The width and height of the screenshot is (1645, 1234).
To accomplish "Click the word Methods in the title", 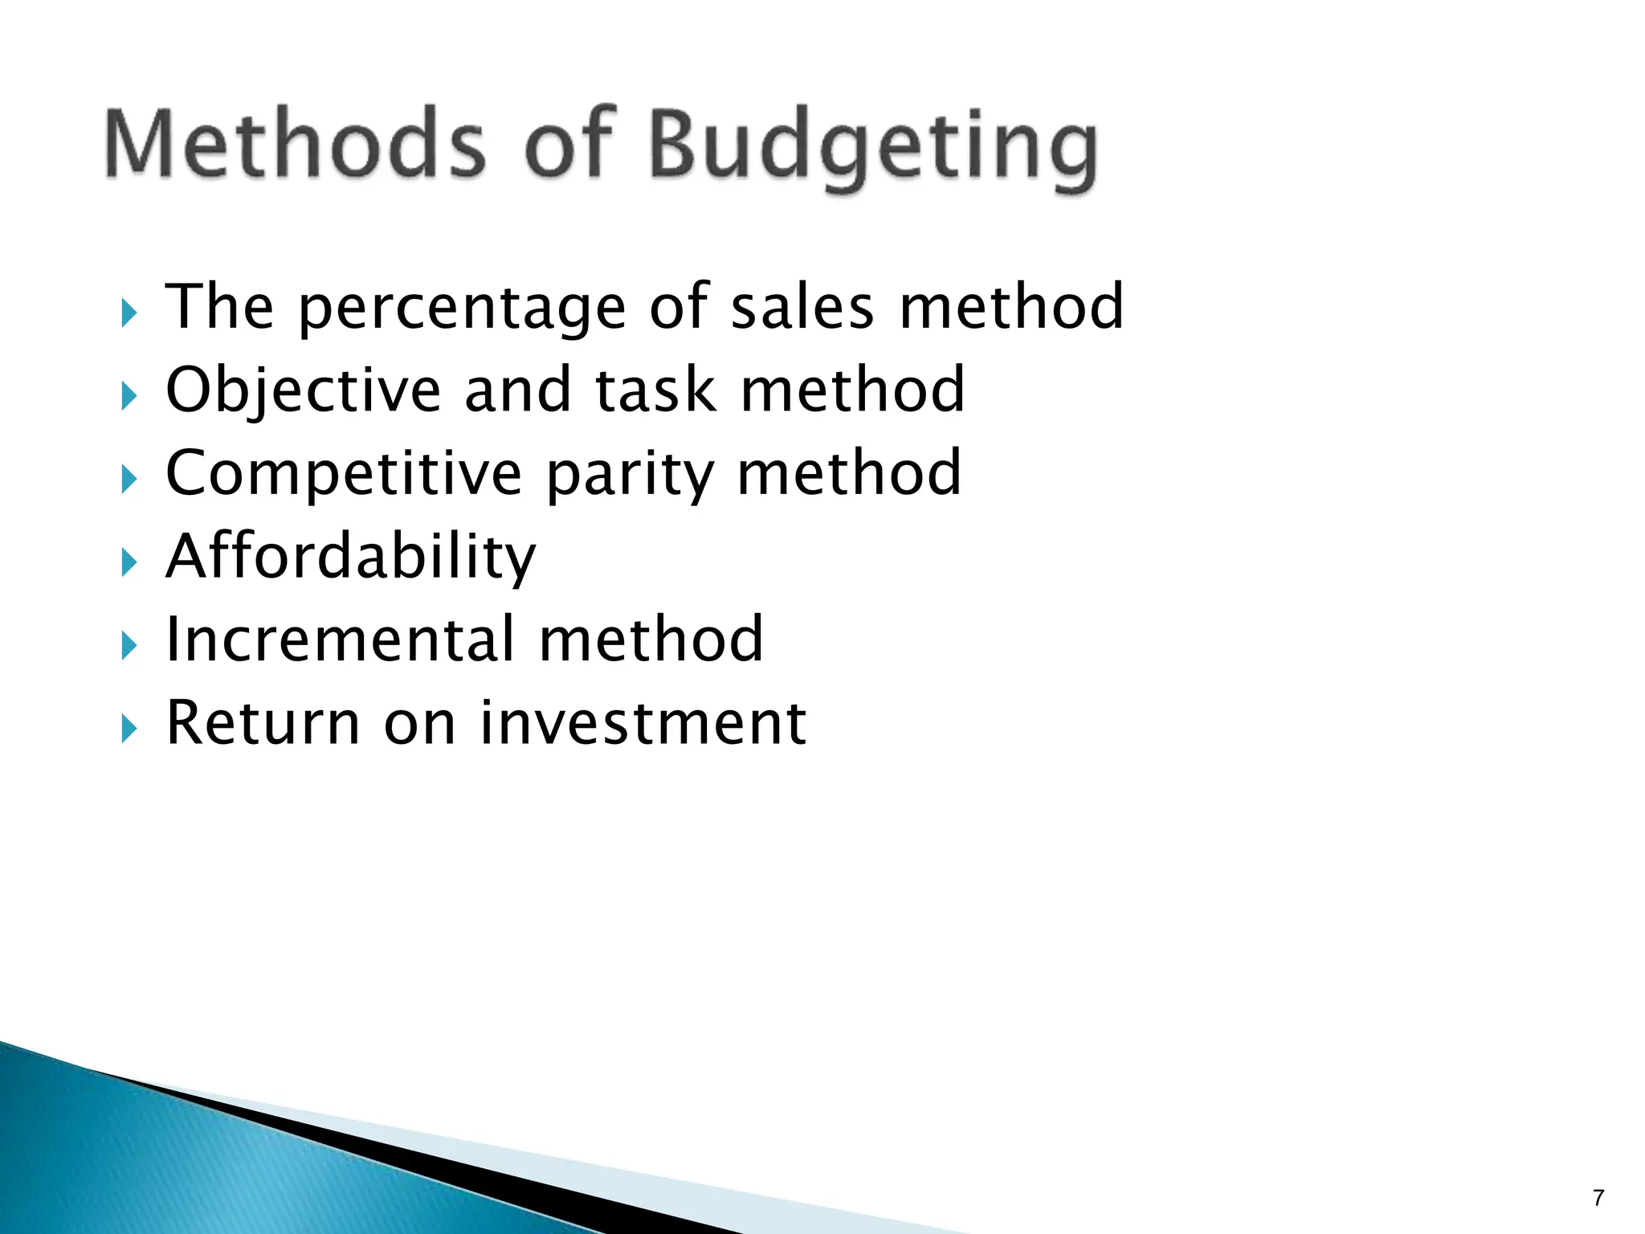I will pyautogui.click(x=295, y=145).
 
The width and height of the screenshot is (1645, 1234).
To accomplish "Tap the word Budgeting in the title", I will pyautogui.click(x=872, y=149).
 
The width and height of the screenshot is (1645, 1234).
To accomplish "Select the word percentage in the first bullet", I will pyautogui.click(x=462, y=308).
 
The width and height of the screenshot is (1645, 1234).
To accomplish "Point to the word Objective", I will pyautogui.click(x=303, y=391).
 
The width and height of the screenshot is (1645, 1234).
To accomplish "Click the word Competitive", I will pyautogui.click(x=344, y=473).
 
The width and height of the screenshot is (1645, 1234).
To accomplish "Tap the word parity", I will pyautogui.click(x=630, y=476).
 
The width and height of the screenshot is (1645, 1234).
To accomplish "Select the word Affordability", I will pyautogui.click(x=350, y=558).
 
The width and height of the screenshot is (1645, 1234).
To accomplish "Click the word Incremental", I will pyautogui.click(x=340, y=639).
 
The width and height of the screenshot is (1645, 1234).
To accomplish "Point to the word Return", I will pyautogui.click(x=263, y=723).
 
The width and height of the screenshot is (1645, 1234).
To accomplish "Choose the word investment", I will pyautogui.click(x=643, y=723).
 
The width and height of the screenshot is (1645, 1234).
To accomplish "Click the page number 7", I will pyautogui.click(x=1598, y=1198).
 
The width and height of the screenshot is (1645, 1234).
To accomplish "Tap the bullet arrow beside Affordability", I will pyautogui.click(x=129, y=563).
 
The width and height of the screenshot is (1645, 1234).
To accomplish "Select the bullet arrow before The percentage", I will pyautogui.click(x=129, y=313).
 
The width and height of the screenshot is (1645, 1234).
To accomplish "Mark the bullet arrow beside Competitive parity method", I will pyautogui.click(x=129, y=480).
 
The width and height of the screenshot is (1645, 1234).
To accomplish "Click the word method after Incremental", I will pyautogui.click(x=651, y=639).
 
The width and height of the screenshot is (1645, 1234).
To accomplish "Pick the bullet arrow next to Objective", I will pyautogui.click(x=129, y=397).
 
